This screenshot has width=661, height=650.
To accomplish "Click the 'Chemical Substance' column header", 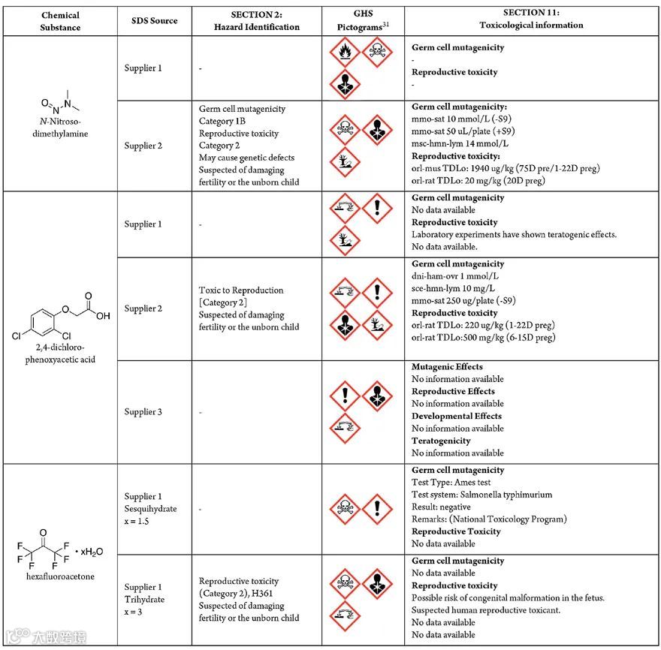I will point(61,20).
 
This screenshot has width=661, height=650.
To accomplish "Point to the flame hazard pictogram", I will point(345,53).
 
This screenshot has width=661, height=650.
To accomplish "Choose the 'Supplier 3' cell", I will point(142,411).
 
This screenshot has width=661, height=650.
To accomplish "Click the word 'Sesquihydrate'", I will point(150,508).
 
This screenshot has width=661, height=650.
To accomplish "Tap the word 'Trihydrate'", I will point(144,600).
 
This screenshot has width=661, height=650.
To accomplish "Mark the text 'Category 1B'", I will point(222,121).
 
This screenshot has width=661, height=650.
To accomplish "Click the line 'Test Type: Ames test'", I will point(451,482).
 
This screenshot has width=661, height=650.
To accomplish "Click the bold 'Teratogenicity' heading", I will point(441,441).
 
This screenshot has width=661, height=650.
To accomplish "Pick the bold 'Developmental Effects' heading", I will point(457,416).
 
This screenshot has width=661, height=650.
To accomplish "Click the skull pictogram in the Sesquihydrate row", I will point(345,508).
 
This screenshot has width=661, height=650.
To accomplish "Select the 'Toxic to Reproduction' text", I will point(241,290).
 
